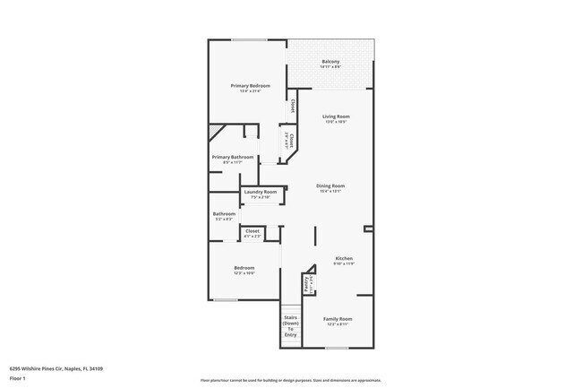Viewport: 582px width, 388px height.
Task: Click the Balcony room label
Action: (x=331, y=61)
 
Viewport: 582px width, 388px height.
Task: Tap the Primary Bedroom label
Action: (x=250, y=85)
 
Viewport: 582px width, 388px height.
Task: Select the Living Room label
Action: (x=336, y=116)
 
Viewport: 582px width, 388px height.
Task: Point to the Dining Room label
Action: (x=330, y=185)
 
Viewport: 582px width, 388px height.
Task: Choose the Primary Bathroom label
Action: (x=233, y=157)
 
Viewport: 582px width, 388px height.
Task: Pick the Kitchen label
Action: (x=344, y=258)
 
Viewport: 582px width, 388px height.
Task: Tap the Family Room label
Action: (x=338, y=319)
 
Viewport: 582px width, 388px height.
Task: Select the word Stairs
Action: (x=290, y=317)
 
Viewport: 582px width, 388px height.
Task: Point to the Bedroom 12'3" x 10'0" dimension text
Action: (x=244, y=273)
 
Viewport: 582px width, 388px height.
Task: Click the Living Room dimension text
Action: (x=336, y=122)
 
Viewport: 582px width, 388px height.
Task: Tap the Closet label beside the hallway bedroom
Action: (x=252, y=231)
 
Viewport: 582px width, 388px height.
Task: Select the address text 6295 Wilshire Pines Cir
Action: (x=56, y=367)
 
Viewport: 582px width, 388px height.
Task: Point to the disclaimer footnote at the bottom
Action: (x=290, y=380)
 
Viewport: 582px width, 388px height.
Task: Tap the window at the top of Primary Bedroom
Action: (x=243, y=39)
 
